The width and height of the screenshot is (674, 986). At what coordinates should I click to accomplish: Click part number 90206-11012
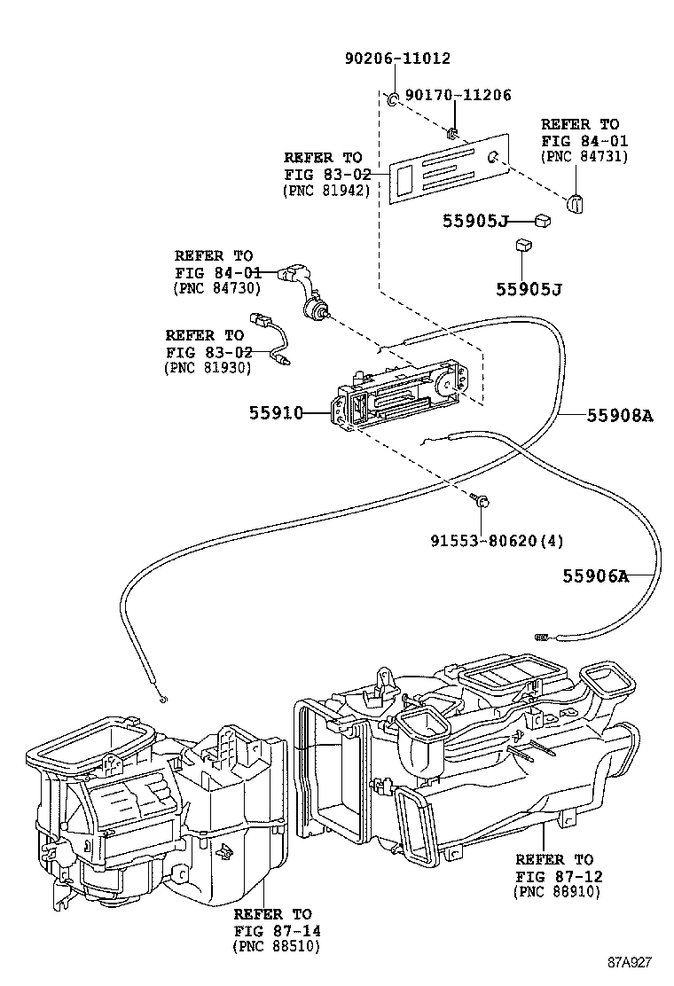click(397, 59)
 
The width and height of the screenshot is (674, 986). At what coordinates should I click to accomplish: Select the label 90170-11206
click(458, 96)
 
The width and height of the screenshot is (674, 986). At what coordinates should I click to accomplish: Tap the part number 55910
click(276, 413)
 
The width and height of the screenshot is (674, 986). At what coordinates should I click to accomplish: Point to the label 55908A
click(619, 413)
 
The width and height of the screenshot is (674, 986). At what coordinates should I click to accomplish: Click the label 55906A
click(595, 576)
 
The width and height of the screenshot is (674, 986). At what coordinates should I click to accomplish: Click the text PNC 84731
click(584, 156)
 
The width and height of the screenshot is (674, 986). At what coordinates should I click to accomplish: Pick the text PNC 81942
click(325, 191)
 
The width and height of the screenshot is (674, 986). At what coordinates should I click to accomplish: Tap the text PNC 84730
click(216, 287)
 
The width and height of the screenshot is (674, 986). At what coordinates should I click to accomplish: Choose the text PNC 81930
click(208, 367)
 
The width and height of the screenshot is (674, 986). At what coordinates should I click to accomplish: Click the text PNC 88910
click(556, 892)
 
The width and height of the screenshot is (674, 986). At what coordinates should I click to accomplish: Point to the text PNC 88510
click(275, 947)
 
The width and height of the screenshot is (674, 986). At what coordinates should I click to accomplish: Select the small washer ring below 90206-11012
click(390, 98)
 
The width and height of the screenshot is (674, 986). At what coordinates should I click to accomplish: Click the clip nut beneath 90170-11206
click(451, 134)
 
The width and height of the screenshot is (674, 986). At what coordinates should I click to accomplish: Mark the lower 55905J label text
click(529, 289)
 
